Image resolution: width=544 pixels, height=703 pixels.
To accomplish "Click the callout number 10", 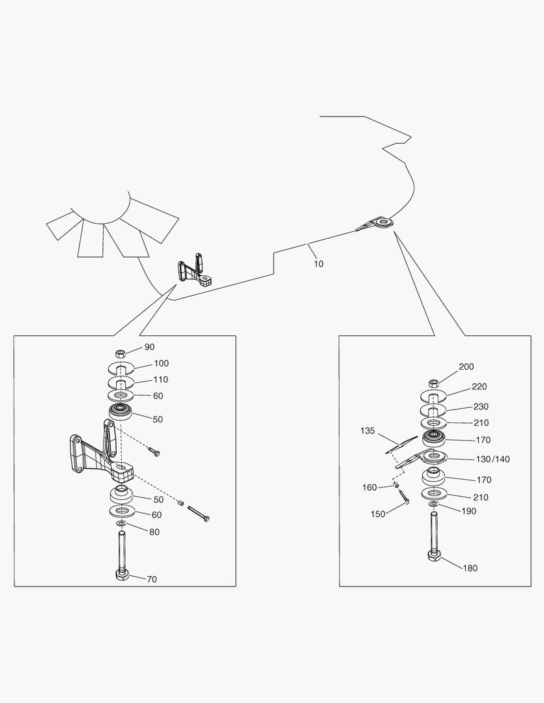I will pyautogui.click(x=318, y=264).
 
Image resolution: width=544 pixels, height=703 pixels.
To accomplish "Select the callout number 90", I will pyautogui.click(x=149, y=348).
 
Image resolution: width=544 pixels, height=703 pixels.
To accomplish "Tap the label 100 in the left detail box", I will pyautogui.click(x=161, y=364).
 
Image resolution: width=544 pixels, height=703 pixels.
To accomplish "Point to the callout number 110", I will pyautogui.click(x=161, y=379).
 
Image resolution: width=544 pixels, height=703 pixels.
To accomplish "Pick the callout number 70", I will pyautogui.click(x=151, y=579).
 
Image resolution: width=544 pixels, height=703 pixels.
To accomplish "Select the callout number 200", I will pyautogui.click(x=466, y=367).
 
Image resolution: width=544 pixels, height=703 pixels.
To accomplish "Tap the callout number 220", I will pyautogui.click(x=479, y=387).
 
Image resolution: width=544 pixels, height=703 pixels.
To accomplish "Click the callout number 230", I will pyautogui.click(x=480, y=407).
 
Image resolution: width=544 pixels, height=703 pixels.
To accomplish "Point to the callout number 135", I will pyautogui.click(x=369, y=431).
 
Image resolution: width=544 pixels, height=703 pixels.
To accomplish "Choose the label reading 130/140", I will pyautogui.click(x=493, y=460).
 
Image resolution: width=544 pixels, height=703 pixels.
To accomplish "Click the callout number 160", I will pyautogui.click(x=369, y=487).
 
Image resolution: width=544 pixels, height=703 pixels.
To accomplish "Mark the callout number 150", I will pyautogui.click(x=377, y=514).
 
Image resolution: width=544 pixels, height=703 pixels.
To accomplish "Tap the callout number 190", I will pyautogui.click(x=468, y=511).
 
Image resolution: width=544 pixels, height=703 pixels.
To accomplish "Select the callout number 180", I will pyautogui.click(x=470, y=568).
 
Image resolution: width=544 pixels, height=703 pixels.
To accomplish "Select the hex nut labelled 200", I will pyautogui.click(x=434, y=382).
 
